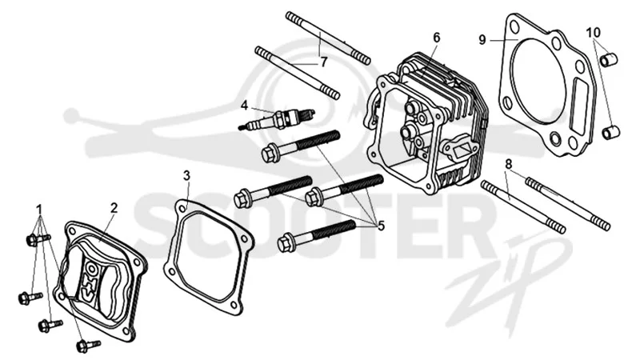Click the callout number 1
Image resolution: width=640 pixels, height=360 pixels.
tap(39, 210)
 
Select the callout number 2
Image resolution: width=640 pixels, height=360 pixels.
tap(114, 208)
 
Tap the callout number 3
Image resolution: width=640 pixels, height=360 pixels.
tap(186, 176)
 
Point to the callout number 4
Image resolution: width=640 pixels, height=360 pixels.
tap(244, 106)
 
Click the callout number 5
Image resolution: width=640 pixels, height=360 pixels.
tap(382, 226)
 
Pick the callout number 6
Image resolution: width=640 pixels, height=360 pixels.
tap(437, 38)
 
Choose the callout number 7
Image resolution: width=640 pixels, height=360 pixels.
tap(323, 62)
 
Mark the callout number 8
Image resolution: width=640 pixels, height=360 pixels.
tap(508, 165)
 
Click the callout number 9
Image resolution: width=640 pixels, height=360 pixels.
tap(482, 40)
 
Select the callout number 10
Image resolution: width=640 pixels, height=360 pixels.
tap(594, 32)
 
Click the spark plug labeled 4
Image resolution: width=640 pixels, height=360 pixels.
tap(277, 119)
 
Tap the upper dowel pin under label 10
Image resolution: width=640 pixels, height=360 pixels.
tap(609, 59)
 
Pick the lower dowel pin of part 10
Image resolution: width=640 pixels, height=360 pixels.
tap(611, 132)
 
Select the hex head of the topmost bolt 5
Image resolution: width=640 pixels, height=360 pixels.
tap(270, 154)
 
